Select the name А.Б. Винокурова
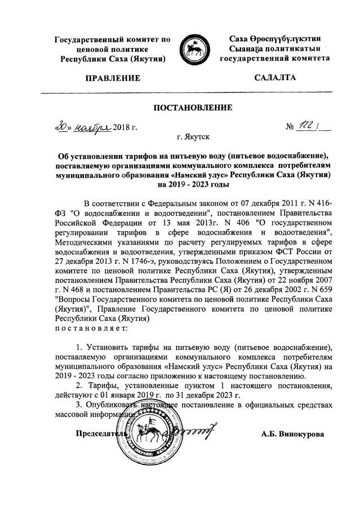[293, 435]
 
